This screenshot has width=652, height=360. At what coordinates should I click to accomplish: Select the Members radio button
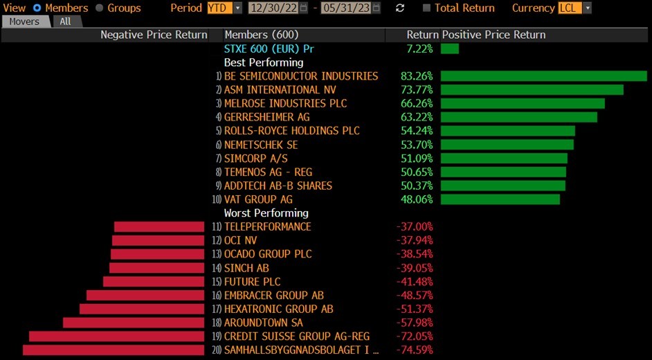click(x=37, y=8)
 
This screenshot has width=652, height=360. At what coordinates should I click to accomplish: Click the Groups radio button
click(x=100, y=8)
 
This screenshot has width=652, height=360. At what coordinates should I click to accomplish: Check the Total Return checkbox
click(x=426, y=8)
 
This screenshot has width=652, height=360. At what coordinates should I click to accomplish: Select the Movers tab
click(x=24, y=21)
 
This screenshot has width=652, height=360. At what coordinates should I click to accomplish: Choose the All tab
click(x=65, y=21)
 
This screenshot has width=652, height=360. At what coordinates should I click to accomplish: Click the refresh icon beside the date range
click(x=399, y=8)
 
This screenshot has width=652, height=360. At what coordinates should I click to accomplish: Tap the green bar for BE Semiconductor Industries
click(x=543, y=76)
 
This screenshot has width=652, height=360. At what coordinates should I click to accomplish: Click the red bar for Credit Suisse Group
click(x=117, y=336)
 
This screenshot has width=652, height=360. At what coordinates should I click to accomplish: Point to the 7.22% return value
click(x=419, y=48)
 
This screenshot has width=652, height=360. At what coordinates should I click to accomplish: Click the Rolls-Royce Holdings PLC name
click(x=291, y=131)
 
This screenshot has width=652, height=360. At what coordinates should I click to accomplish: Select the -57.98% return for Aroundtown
click(x=415, y=323)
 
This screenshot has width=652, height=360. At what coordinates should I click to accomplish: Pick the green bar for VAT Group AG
click(x=500, y=199)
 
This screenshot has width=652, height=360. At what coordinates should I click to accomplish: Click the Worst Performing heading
click(x=266, y=213)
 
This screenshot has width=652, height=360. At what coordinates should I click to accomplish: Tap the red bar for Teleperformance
click(x=159, y=226)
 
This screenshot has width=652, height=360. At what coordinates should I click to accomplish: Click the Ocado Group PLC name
click(x=268, y=254)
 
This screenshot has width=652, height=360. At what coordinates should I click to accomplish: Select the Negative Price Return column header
click(x=154, y=35)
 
